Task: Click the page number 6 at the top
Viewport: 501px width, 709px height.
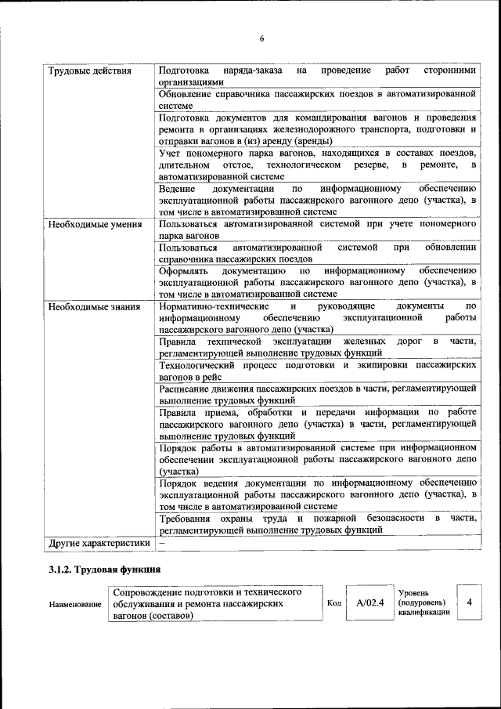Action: pyautogui.click(x=262, y=39)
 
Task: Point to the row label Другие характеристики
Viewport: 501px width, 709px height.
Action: pyautogui.click(x=99, y=542)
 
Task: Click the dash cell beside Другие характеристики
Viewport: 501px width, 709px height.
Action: pyautogui.click(x=162, y=542)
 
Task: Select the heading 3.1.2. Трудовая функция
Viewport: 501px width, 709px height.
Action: pyautogui.click(x=105, y=569)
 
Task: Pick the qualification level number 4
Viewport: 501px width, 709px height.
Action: pyautogui.click(x=469, y=602)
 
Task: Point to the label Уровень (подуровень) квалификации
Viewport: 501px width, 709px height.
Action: pyautogui.click(x=424, y=602)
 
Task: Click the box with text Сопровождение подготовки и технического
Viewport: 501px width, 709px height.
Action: pyautogui.click(x=214, y=604)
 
